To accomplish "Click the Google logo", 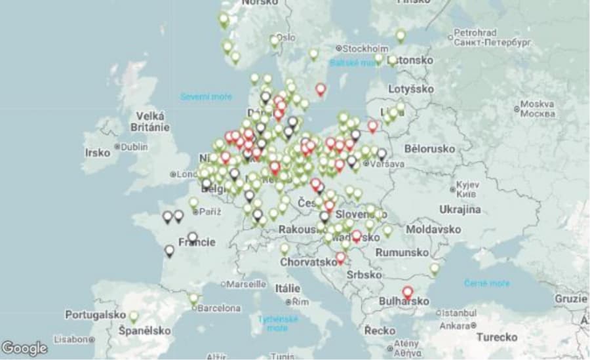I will [25, 348].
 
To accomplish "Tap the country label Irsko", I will [97, 152].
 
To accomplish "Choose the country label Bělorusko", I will [430, 149].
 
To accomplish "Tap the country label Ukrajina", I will [459, 209].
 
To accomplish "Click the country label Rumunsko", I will [403, 252].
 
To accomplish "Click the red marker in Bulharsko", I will [408, 292].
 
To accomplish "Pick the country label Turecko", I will [496, 337].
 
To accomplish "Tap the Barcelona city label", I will [218, 308].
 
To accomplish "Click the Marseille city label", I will [246, 284].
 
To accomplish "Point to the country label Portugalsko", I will [95, 315].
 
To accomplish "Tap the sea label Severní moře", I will [206, 97].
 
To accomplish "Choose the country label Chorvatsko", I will [308, 262].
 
